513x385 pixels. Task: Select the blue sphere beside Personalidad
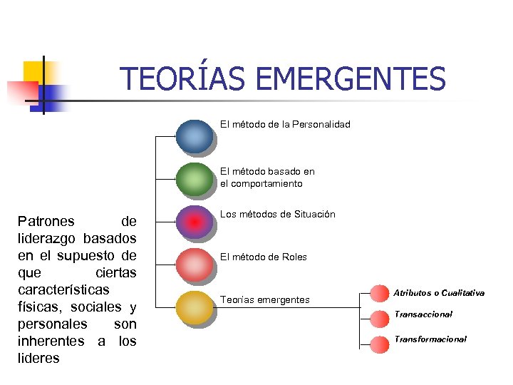(x=195, y=136)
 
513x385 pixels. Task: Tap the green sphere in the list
(x=195, y=179)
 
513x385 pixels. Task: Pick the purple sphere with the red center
(x=195, y=222)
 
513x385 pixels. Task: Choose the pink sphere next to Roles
(x=195, y=265)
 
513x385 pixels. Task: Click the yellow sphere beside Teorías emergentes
(x=195, y=307)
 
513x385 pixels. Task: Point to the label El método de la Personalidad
(x=285, y=125)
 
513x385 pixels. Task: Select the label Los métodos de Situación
(x=277, y=215)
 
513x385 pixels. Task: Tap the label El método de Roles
(x=263, y=257)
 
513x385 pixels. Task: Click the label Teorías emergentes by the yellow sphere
(x=264, y=300)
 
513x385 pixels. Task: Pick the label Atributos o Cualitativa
(x=439, y=293)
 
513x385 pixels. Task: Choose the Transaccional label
(x=423, y=314)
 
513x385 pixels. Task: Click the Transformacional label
(x=430, y=339)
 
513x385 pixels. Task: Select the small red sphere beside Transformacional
(x=380, y=344)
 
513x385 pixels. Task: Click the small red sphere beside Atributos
(x=380, y=293)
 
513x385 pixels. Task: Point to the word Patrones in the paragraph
(x=44, y=222)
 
